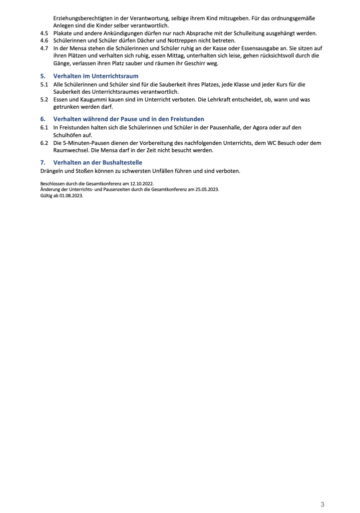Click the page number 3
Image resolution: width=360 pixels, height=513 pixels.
pyautogui.click(x=322, y=504)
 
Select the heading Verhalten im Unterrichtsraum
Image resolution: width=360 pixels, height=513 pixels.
pyautogui.click(x=96, y=76)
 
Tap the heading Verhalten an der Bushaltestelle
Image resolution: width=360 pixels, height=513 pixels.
pyautogui.click(x=98, y=162)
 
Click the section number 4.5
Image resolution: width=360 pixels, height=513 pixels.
pyautogui.click(x=44, y=33)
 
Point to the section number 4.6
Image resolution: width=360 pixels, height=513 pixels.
pyautogui.click(x=44, y=41)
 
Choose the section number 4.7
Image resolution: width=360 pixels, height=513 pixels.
pyautogui.click(x=44, y=48)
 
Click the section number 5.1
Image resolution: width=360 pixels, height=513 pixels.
pyautogui.click(x=44, y=85)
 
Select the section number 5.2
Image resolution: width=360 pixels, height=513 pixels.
pyautogui.click(x=44, y=100)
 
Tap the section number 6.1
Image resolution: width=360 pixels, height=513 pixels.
pyautogui.click(x=44, y=128)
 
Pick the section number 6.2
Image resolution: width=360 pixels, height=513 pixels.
pyautogui.click(x=44, y=143)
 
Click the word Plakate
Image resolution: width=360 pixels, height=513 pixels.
pyautogui.click(x=63, y=33)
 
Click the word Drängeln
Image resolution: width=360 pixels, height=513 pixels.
pyautogui.click(x=53, y=171)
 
